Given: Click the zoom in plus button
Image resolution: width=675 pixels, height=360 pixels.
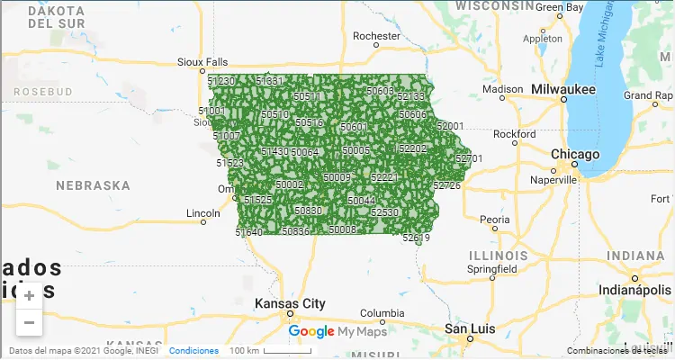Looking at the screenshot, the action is (x=29, y=295).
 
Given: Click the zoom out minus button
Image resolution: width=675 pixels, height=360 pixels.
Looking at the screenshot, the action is (x=29, y=321).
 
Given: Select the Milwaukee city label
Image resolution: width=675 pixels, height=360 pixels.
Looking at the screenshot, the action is (x=563, y=90).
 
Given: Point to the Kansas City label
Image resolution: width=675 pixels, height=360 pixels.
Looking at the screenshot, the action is (x=290, y=303).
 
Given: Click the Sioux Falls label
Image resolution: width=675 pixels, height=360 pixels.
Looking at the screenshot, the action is (x=202, y=62).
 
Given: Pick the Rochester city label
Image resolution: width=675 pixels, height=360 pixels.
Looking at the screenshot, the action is (x=376, y=37).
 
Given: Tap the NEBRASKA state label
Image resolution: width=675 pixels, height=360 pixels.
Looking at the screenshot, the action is (x=93, y=185).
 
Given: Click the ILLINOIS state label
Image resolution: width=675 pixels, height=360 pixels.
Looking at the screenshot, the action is (x=498, y=256).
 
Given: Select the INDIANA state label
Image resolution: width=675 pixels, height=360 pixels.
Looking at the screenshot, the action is (x=635, y=256).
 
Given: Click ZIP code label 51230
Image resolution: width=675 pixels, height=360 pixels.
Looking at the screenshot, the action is (x=221, y=81).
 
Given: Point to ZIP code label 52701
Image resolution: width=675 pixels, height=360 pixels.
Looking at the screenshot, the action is (x=469, y=158).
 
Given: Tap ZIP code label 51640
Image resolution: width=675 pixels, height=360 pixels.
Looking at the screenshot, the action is (x=249, y=232).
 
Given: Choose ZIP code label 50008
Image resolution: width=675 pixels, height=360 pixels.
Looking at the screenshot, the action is (x=342, y=229).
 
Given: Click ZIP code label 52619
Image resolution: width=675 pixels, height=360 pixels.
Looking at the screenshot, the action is (x=416, y=238).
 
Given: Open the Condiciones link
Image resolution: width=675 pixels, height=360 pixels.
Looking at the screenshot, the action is (x=193, y=350).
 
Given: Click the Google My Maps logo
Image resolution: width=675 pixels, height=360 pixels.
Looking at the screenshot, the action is (x=337, y=332).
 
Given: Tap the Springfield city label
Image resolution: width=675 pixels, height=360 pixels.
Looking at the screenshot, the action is (x=491, y=268).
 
